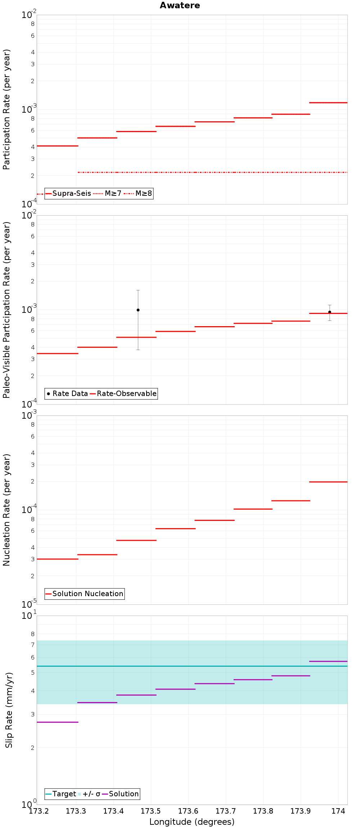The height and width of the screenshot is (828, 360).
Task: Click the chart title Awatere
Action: pos(180,5)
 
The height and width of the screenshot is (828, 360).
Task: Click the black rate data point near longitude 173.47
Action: pos(138,310)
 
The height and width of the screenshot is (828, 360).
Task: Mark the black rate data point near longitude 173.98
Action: pos(329,312)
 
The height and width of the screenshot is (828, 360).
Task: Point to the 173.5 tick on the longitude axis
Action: pos(151,811)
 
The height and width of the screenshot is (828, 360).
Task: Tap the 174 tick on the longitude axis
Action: pos(338,811)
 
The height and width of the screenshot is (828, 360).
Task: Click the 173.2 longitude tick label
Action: pos(39,811)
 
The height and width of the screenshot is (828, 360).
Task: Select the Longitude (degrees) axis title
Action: pos(192,822)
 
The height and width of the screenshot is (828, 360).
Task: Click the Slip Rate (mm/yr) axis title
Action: pos(9,710)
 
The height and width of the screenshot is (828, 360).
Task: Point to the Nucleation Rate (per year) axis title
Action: pos(7,510)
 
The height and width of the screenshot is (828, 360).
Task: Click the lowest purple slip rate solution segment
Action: pos(58,722)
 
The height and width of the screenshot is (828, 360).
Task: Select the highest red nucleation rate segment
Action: pos(328,482)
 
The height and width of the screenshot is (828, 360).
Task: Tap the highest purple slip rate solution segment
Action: pos(328,661)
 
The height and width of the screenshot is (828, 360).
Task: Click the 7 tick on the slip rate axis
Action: pos(33,645)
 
